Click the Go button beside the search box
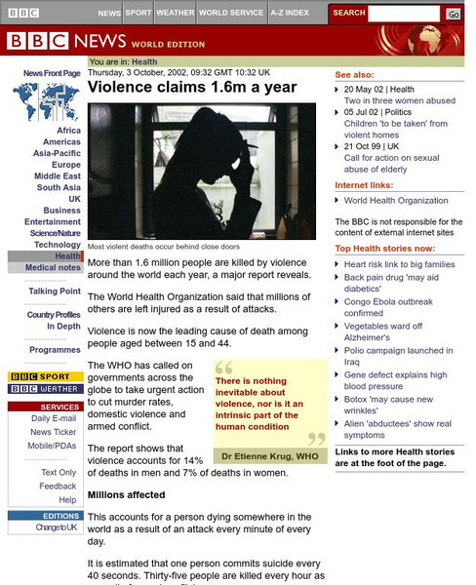(454, 14)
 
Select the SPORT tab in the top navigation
(139, 14)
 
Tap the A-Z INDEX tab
(290, 14)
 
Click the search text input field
(404, 14)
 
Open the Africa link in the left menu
(68, 131)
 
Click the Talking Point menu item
(55, 292)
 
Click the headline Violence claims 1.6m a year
(178, 86)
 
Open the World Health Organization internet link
(396, 200)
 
